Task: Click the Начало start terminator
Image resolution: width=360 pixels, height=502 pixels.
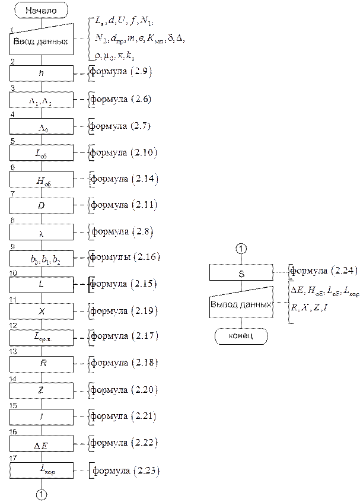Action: click(x=40, y=10)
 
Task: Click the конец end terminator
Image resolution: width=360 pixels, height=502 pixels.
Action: click(x=241, y=336)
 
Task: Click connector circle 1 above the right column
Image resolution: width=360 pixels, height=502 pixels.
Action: click(x=241, y=250)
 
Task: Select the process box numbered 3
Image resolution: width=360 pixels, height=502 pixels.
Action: click(x=41, y=100)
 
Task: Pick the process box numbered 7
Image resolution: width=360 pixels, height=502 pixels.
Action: click(x=41, y=205)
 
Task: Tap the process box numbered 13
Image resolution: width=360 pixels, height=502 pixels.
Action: click(x=41, y=363)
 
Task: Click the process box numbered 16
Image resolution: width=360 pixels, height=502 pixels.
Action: click(x=41, y=443)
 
